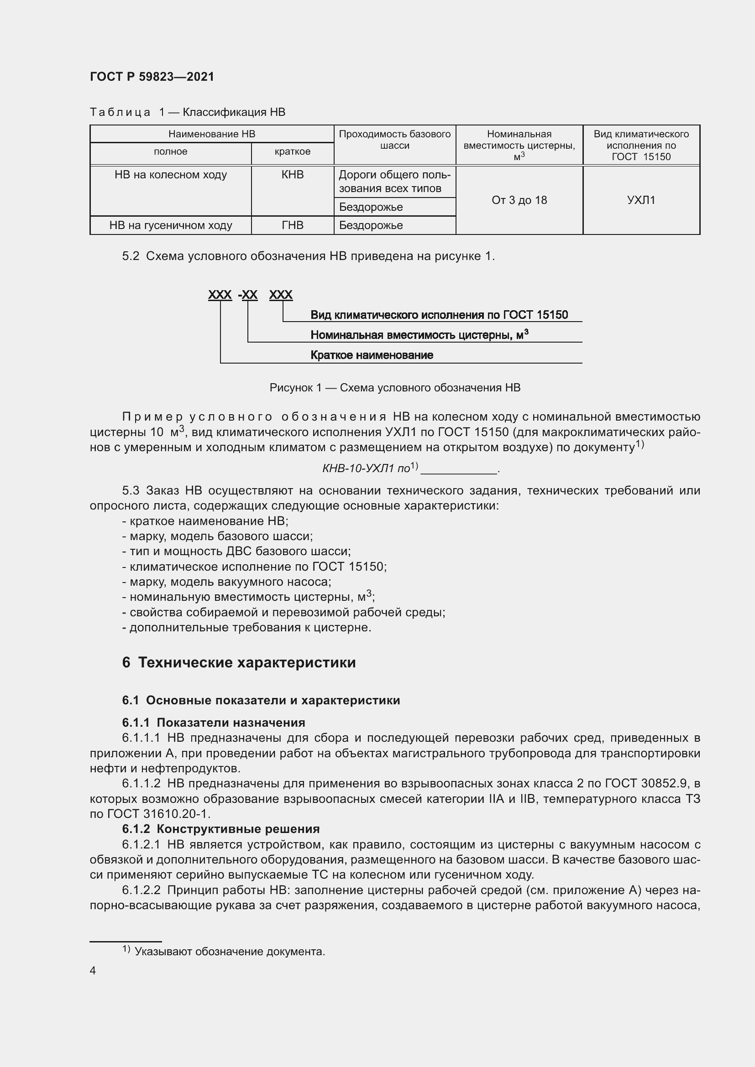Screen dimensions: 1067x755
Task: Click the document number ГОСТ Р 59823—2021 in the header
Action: tap(152, 77)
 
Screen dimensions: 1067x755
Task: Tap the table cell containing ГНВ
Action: tap(293, 225)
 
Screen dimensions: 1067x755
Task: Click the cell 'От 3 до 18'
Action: tap(519, 200)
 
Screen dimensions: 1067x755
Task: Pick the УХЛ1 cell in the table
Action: tap(641, 200)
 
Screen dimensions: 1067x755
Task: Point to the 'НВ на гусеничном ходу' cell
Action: tap(171, 225)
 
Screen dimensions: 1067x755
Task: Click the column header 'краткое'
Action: tap(293, 151)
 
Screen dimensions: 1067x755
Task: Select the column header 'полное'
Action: tap(171, 151)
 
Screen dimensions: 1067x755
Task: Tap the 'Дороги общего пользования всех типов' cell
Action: tap(394, 182)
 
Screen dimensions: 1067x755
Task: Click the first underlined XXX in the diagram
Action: tap(220, 295)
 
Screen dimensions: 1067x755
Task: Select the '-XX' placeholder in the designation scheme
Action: tap(248, 295)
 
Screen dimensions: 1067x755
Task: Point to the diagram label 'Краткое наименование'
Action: tap(372, 355)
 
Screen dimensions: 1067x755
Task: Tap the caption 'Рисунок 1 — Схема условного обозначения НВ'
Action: tap(395, 388)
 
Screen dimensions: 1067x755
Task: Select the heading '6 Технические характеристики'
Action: tap(238, 662)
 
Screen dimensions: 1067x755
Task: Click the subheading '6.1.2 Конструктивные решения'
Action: tap(221, 829)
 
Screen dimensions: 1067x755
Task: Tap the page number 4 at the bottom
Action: tap(93, 971)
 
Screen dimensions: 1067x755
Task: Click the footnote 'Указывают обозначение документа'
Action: tap(230, 952)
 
